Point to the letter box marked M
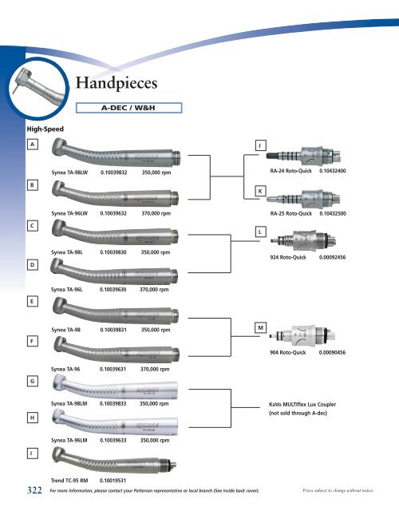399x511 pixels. click(x=260, y=327)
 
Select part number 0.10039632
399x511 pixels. click(x=117, y=213)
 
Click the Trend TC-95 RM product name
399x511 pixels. click(x=69, y=481)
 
